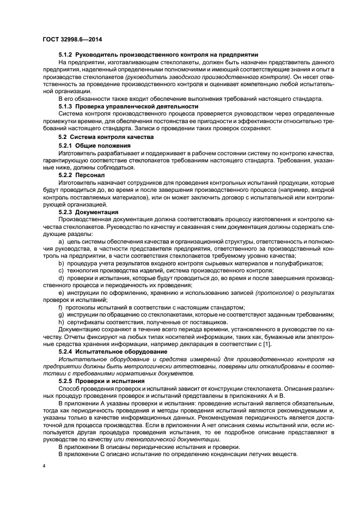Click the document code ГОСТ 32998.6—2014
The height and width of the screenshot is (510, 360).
pyautogui.click(x=73, y=39)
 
